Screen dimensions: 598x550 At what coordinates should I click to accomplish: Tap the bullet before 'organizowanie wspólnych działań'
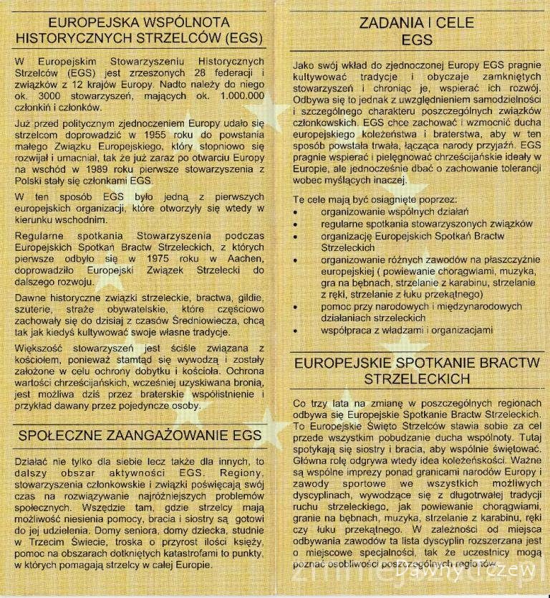pos(297,213)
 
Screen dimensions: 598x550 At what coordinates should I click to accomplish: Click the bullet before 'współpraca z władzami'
pos(297,331)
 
